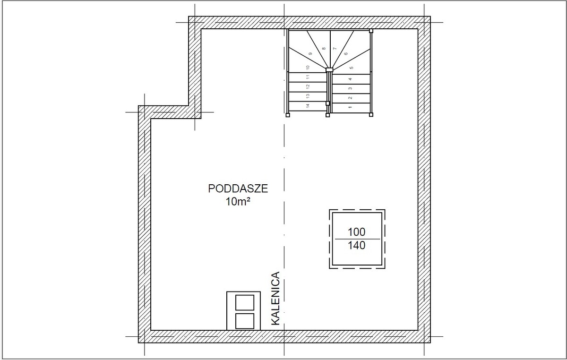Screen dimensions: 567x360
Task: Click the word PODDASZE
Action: point(238,189)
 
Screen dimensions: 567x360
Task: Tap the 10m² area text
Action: point(238,202)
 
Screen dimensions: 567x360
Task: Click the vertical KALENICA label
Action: point(275,298)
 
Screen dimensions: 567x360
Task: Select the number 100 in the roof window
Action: point(357,232)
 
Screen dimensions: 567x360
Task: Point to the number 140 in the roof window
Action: point(357,245)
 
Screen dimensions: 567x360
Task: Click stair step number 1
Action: point(350,107)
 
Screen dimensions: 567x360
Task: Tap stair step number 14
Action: point(308,106)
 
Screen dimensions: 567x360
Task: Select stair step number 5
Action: point(352,68)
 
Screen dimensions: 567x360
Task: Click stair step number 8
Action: point(324,48)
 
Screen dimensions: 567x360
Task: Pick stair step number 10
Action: point(308,68)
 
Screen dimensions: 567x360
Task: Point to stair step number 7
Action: point(335,48)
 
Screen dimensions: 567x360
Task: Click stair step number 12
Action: point(308,86)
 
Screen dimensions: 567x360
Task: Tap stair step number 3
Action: point(350,88)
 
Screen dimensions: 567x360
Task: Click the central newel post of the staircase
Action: point(329,69)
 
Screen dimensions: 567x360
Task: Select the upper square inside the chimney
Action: point(245,302)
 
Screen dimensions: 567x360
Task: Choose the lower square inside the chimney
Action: point(245,321)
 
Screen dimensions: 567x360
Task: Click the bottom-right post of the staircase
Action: point(371,115)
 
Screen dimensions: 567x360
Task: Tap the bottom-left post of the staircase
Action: point(288,115)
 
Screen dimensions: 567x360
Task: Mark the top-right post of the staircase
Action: point(371,31)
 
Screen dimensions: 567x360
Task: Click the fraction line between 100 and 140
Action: point(357,239)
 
